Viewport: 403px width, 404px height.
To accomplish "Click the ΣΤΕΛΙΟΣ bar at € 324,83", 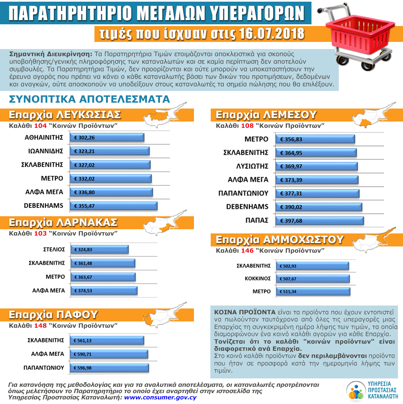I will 99,249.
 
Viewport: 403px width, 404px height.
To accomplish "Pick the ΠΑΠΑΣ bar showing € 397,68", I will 319,221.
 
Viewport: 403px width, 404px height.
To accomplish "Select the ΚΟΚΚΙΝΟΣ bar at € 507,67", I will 312,279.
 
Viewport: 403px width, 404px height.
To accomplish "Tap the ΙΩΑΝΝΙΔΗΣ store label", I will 45,151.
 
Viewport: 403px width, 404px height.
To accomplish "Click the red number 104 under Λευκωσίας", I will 40,125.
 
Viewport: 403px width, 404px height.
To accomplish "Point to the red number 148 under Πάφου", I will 40,325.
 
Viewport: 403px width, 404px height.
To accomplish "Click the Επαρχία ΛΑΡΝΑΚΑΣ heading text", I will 63,222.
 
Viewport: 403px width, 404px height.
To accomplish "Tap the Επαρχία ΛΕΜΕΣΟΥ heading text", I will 266,115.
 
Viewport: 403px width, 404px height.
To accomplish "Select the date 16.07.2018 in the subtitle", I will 269,34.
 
